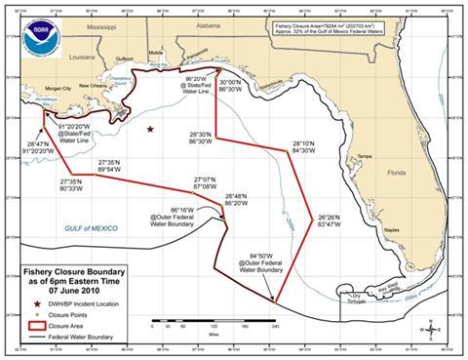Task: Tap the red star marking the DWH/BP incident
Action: coord(150,129)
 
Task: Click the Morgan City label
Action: coord(54,88)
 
